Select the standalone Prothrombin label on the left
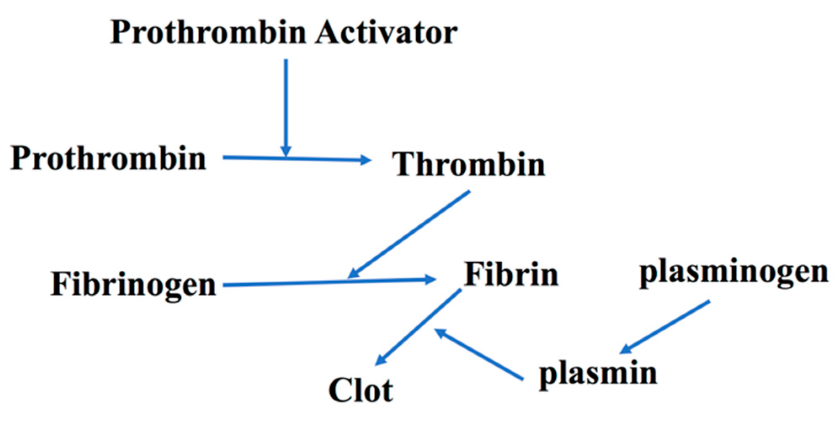click(108, 158)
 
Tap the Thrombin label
click(469, 164)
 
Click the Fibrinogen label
click(133, 285)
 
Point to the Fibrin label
click(511, 274)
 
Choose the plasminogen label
click(734, 272)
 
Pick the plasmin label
click(598, 373)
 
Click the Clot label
click(360, 390)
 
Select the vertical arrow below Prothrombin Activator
click(286, 105)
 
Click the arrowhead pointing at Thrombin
click(365, 160)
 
